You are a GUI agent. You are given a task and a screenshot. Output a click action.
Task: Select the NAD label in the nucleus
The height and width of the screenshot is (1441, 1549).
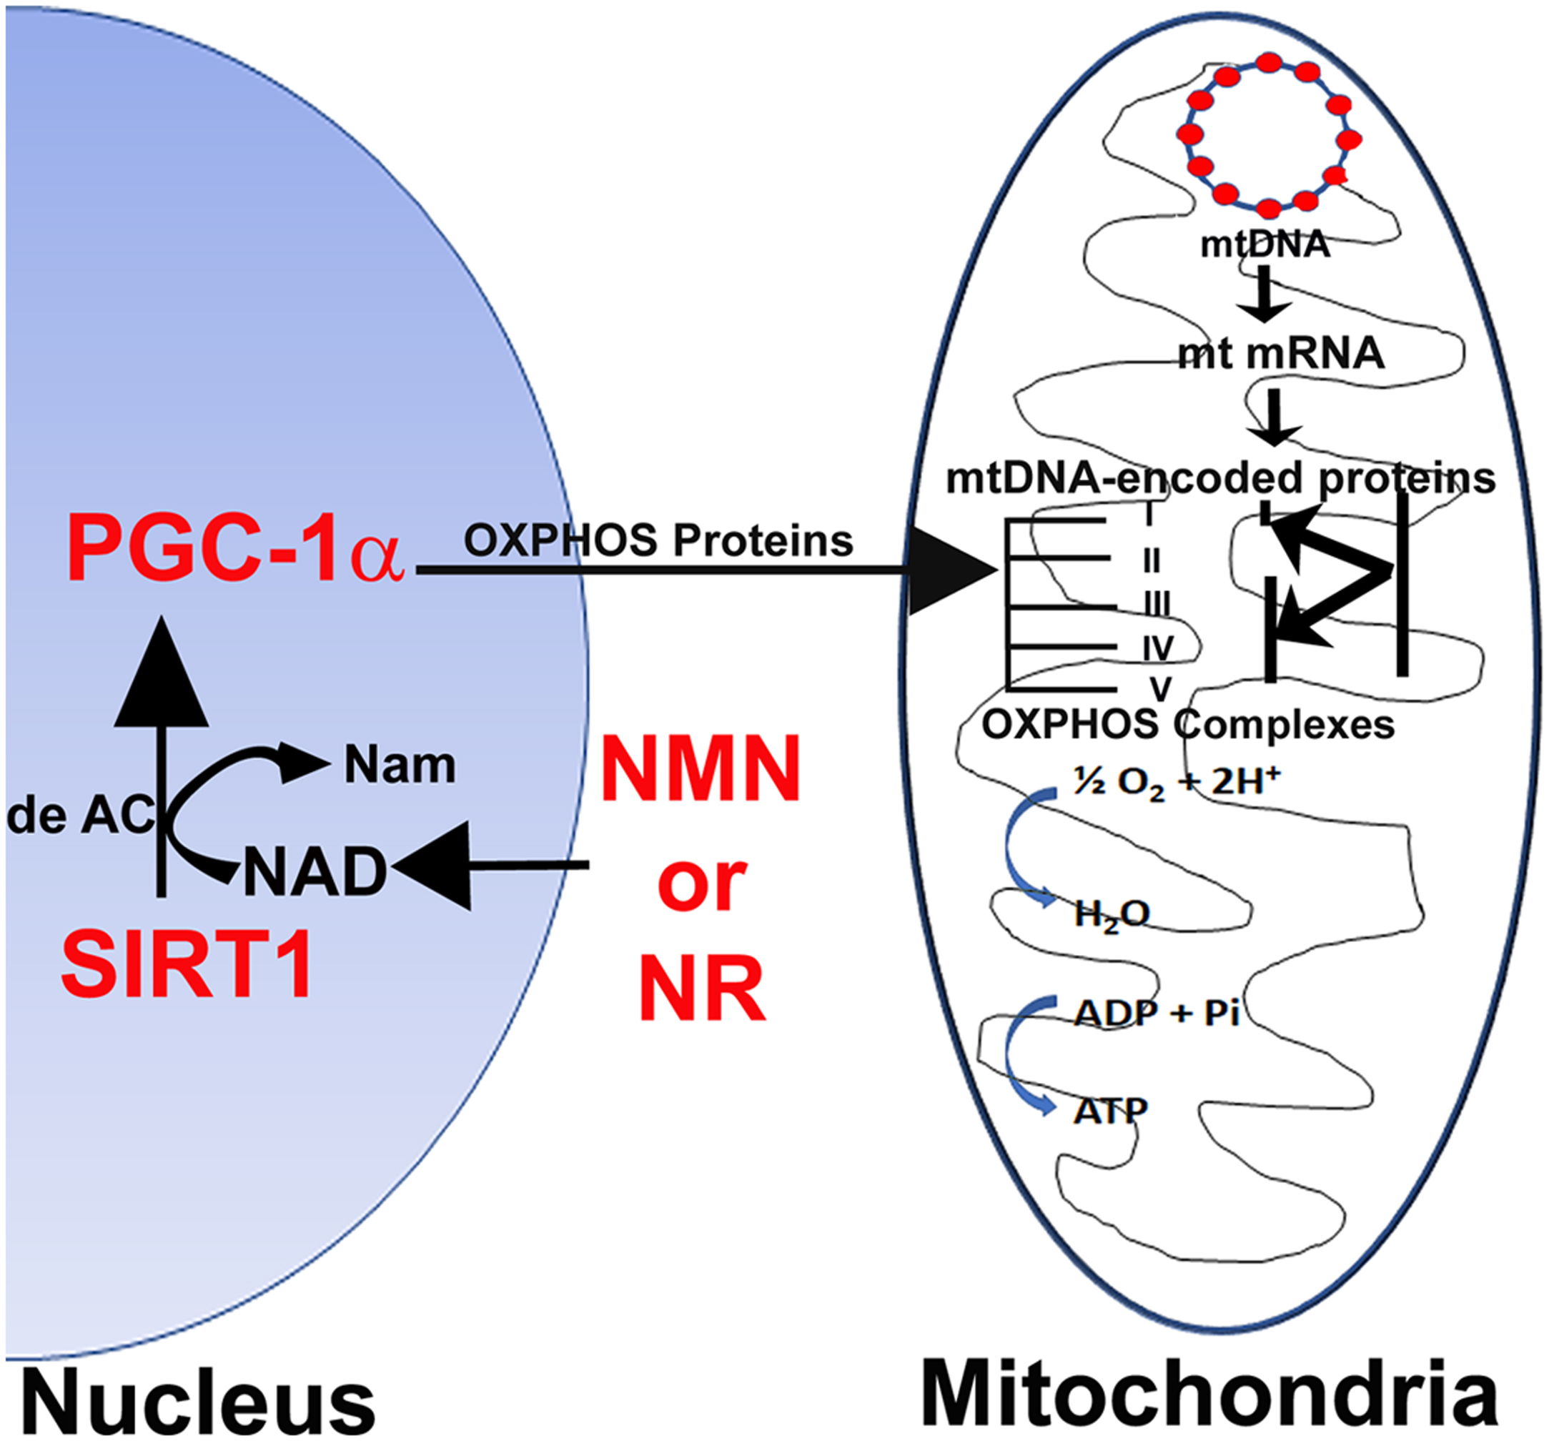coord(315,871)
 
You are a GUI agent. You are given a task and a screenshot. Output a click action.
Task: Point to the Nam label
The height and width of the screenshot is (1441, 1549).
coord(400,766)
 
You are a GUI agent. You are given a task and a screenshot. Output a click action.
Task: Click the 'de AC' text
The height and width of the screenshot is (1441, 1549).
coord(80,816)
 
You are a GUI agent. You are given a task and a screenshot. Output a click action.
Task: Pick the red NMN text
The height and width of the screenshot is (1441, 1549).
coord(701,768)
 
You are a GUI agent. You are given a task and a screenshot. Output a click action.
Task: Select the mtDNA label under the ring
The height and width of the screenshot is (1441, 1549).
coord(1265,244)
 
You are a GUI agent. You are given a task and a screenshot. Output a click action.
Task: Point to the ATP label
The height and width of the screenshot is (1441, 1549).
coord(1110,1111)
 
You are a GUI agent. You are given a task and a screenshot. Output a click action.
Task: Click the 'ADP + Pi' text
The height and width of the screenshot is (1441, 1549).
coord(1157,1013)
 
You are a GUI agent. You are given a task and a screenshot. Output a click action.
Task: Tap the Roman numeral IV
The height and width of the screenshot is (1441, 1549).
coord(1158,648)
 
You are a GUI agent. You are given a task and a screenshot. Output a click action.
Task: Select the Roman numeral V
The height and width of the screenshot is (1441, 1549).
coord(1161,688)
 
